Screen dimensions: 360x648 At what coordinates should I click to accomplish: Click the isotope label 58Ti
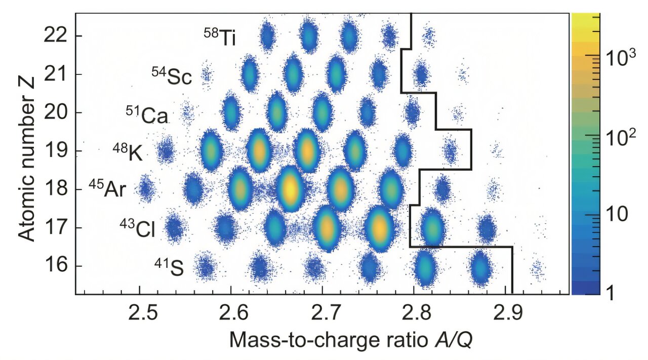[x=220, y=37]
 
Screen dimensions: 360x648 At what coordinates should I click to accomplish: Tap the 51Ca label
[x=147, y=115]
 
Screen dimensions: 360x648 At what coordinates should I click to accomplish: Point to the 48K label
[x=127, y=152]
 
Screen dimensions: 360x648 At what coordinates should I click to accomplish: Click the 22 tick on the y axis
[x=56, y=36]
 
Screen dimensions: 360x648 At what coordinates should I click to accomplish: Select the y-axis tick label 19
[x=56, y=151]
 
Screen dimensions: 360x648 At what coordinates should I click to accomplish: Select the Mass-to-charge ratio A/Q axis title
[x=351, y=340]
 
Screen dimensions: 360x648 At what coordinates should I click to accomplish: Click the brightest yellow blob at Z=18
[x=290, y=189]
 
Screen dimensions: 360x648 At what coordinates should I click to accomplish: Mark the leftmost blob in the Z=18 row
[x=146, y=189]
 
